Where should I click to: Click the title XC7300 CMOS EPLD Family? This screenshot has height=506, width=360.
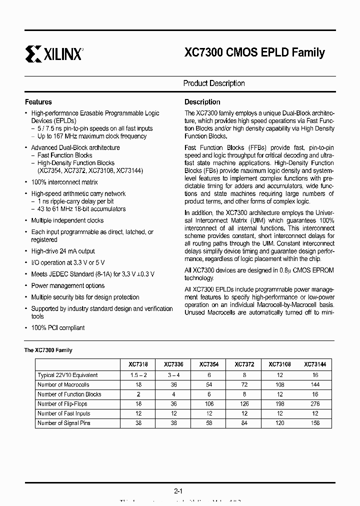[x=254, y=52]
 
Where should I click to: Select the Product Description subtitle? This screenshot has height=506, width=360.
[x=214, y=83]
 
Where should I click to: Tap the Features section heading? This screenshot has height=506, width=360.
[x=38, y=102]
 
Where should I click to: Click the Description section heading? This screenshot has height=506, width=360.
[x=202, y=102]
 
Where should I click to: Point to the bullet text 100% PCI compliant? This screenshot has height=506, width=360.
[x=58, y=327]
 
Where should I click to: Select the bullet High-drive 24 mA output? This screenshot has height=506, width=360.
[x=63, y=251]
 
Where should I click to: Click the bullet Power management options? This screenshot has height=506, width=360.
[x=68, y=285]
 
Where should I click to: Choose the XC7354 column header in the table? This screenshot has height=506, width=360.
[x=209, y=364]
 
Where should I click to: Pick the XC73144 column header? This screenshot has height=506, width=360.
[x=314, y=364]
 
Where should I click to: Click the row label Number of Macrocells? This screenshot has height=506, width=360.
[x=63, y=384]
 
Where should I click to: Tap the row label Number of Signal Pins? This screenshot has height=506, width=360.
[x=64, y=423]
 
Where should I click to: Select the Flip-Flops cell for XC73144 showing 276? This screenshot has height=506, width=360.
[x=314, y=404]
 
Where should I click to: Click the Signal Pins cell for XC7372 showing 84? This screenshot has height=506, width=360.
[x=244, y=423]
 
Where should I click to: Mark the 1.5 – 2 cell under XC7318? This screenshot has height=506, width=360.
[x=138, y=375]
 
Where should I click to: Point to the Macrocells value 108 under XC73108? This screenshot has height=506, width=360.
[x=279, y=384]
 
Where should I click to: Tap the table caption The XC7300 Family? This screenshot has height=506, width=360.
[x=48, y=350]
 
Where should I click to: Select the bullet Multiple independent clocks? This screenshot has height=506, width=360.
[x=67, y=220]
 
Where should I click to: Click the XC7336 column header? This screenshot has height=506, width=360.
[x=173, y=364]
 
